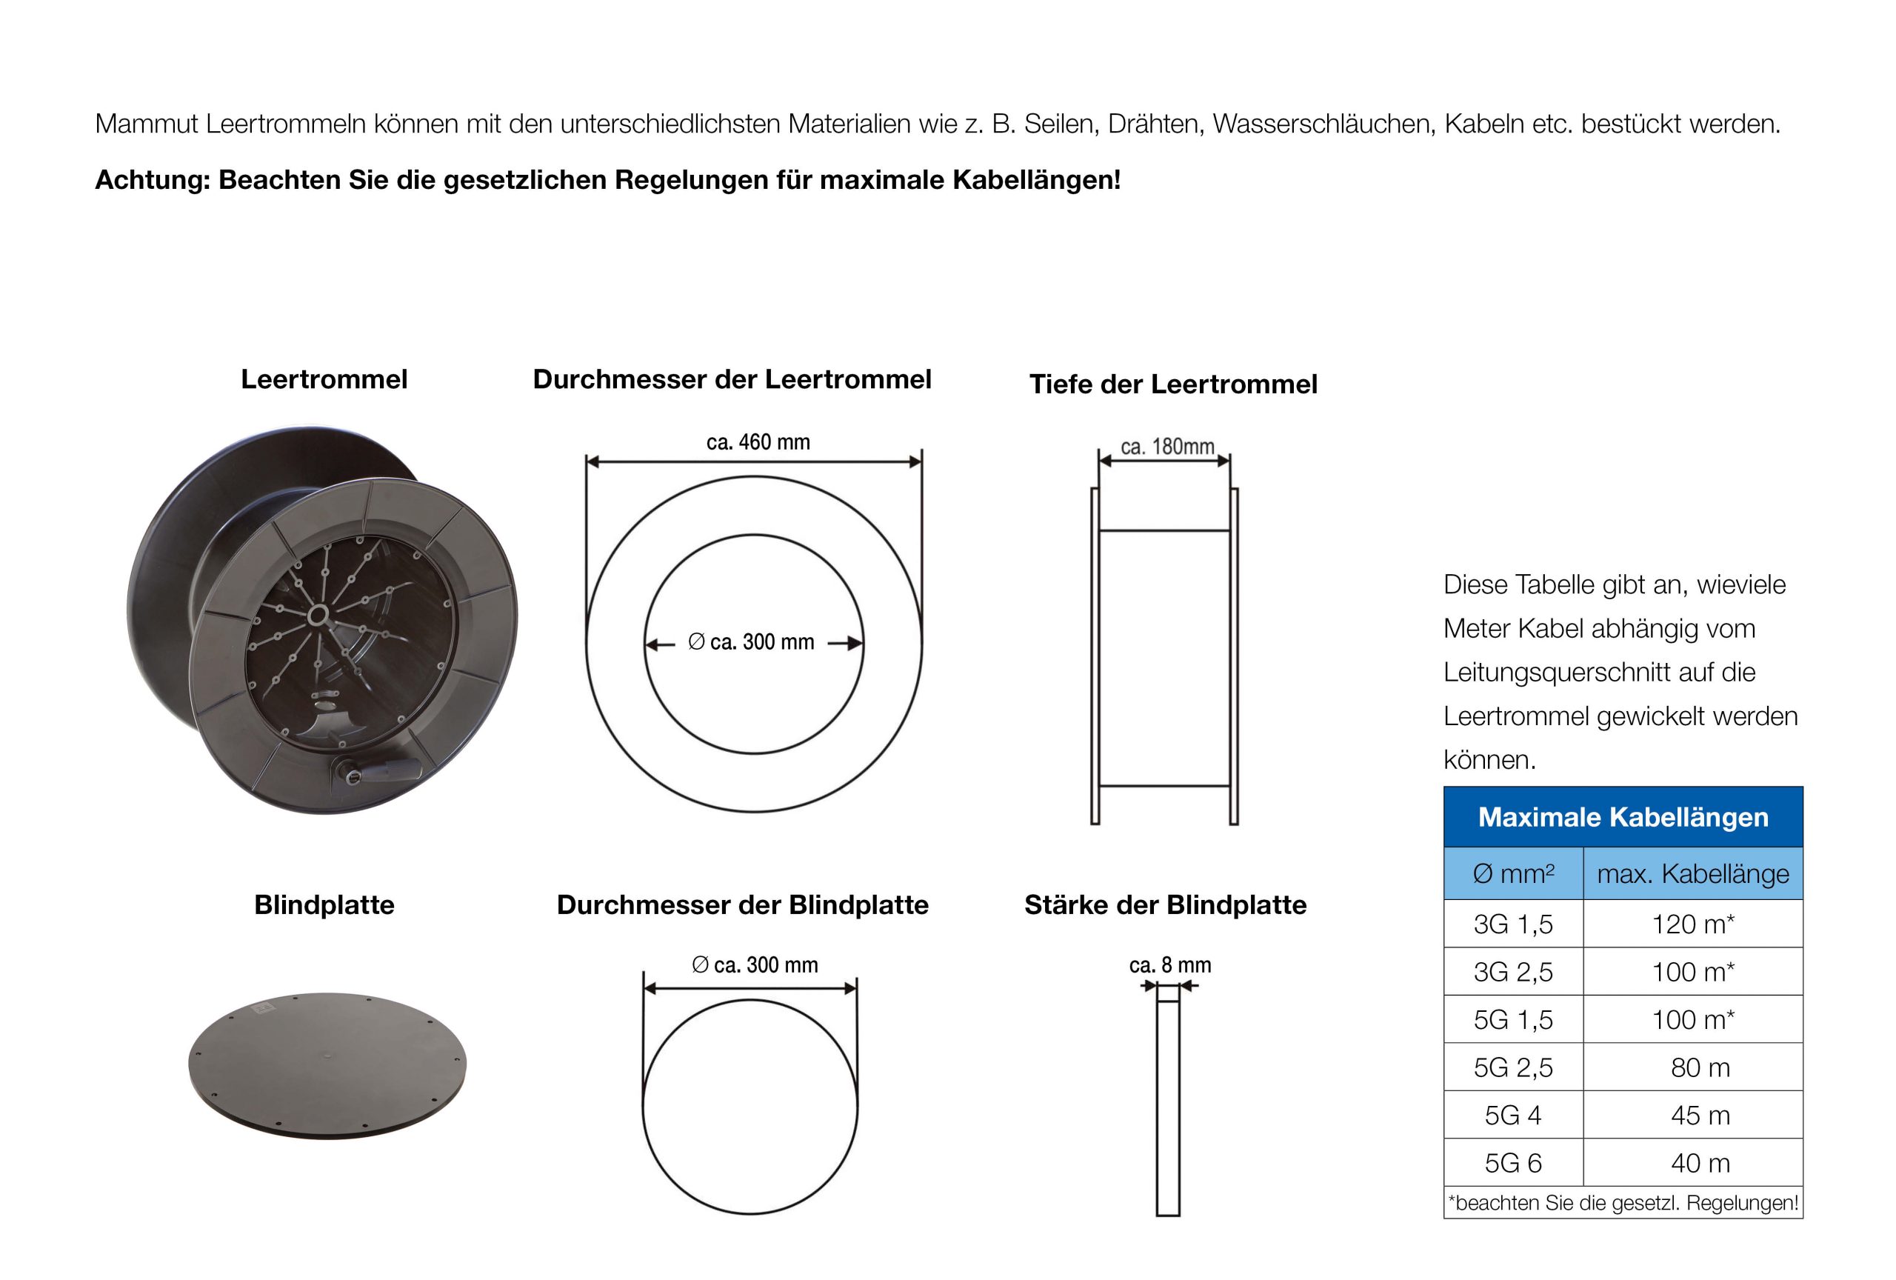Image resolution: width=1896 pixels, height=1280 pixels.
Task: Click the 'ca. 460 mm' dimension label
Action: pos(757,442)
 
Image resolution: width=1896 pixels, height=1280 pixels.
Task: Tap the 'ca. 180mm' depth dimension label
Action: pos(1166,446)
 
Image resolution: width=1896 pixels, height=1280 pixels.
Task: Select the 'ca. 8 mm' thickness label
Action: pos(1169,965)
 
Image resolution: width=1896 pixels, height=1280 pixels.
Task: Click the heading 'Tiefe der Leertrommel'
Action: pos(1172,384)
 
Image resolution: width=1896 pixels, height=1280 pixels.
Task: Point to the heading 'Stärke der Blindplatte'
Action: pos(1165,904)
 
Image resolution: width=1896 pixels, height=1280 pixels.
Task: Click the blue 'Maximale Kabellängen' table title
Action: pos(1623,816)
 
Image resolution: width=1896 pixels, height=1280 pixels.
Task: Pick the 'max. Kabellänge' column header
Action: pos(1692,874)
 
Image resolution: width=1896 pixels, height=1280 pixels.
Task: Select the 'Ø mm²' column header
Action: pos(1512,874)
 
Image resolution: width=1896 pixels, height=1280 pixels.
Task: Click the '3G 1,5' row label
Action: pos(1512,924)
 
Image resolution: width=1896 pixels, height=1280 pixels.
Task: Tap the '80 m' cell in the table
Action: pos(1700,1067)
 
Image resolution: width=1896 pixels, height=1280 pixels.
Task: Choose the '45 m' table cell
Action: pos(1700,1116)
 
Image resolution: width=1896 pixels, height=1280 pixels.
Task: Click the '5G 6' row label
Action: pos(1512,1164)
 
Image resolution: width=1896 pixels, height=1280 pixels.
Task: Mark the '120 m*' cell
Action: pos(1692,924)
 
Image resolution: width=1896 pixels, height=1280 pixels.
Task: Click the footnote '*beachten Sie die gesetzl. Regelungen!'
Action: pos(1623,1202)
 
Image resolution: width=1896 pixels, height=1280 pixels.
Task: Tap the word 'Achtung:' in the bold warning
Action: pos(153,179)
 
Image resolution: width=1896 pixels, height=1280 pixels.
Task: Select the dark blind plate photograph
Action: pos(327,1064)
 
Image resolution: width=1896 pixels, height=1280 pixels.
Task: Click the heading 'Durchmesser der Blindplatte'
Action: pos(742,904)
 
